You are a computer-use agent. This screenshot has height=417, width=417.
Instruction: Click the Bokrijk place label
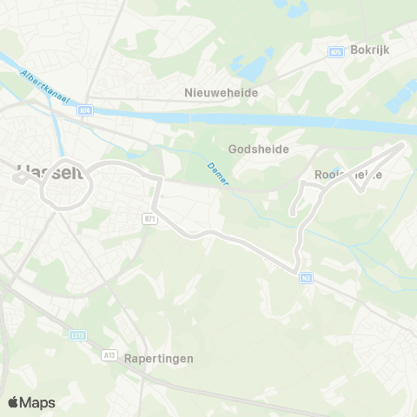click(370, 50)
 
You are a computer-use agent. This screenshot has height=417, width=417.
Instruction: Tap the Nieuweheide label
click(222, 89)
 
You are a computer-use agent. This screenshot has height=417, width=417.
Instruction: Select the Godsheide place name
click(258, 149)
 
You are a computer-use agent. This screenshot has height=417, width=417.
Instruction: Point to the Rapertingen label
click(158, 358)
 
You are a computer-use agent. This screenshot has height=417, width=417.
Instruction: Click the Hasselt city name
click(50, 173)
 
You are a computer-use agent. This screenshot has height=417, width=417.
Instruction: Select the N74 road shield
click(84, 109)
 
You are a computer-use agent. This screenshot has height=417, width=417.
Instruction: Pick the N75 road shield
click(334, 52)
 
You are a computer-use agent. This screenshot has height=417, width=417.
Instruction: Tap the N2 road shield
click(306, 278)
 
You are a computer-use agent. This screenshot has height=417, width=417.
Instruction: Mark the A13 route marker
click(109, 354)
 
